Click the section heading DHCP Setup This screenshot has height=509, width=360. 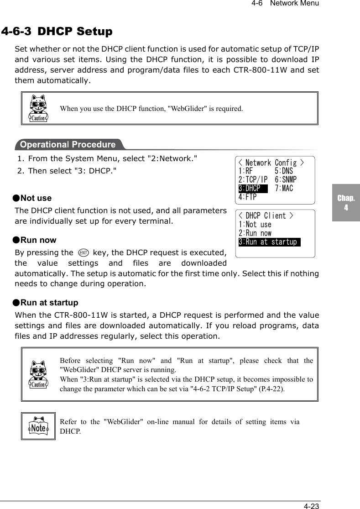[75, 31]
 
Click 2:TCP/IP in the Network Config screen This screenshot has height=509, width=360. [253, 180]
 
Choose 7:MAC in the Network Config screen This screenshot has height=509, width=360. [284, 188]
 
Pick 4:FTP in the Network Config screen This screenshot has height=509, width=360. [247, 197]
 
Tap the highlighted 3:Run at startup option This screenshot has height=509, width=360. [269, 242]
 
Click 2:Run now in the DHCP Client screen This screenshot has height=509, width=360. [255, 233]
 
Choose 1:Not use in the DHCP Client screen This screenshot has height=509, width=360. [255, 225]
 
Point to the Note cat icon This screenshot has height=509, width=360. [38, 426]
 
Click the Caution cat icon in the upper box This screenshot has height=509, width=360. [38, 109]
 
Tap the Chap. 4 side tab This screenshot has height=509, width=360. [346, 203]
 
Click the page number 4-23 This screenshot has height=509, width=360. [312, 506]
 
